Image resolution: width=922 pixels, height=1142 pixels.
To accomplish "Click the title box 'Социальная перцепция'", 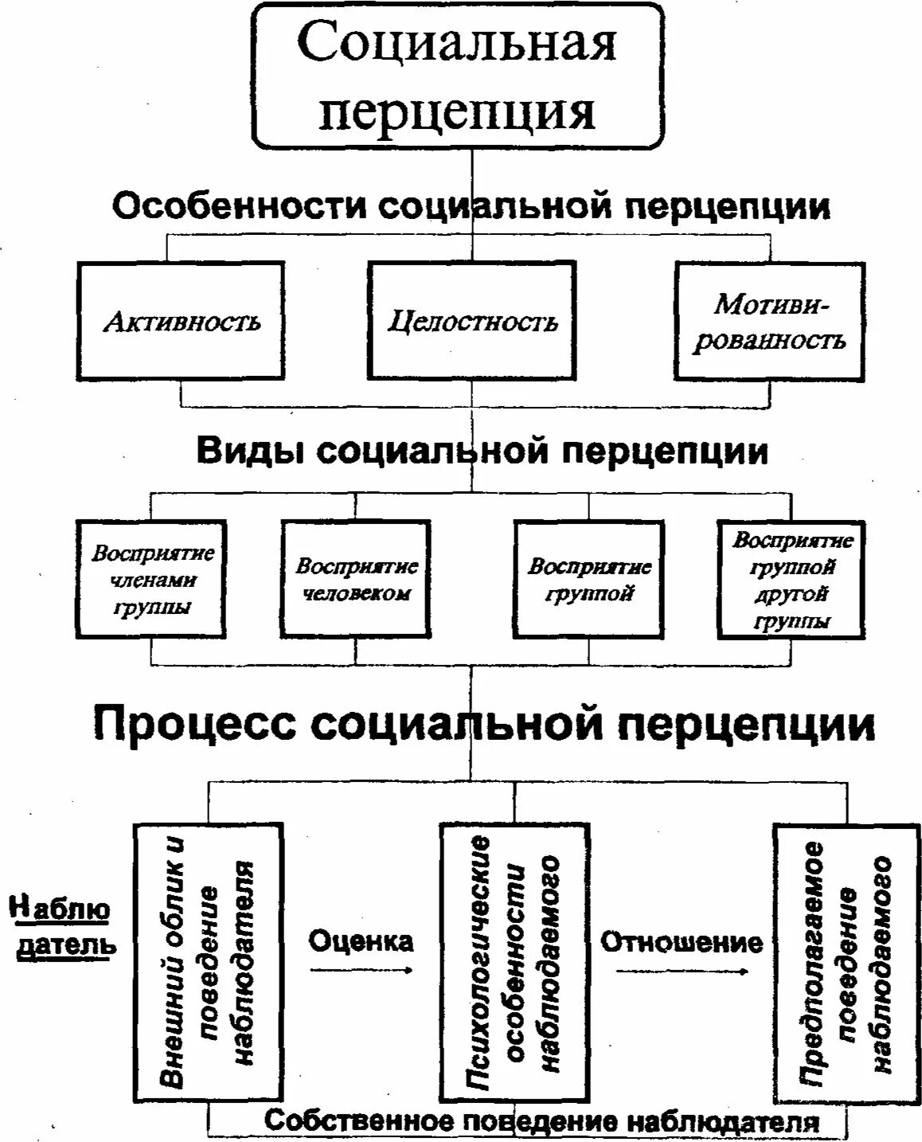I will (x=458, y=76).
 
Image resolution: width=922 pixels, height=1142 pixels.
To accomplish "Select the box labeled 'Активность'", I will (x=182, y=320).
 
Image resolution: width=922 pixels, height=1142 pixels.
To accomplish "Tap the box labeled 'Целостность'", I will (x=472, y=320).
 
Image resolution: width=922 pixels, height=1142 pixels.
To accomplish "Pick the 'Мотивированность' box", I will (x=769, y=320).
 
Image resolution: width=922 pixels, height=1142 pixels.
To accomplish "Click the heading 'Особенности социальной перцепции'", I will (x=471, y=207).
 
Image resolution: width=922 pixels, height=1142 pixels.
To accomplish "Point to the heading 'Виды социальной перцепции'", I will (x=482, y=451).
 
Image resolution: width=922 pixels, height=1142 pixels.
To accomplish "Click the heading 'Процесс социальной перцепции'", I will (x=484, y=723).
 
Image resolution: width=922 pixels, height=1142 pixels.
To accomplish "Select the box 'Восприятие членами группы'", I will (x=151, y=579).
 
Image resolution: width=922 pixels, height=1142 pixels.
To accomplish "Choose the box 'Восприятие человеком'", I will (x=356, y=579).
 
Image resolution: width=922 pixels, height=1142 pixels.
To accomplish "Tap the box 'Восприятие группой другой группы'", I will (x=791, y=579).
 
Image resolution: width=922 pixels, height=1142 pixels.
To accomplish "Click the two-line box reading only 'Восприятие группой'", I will (x=588, y=579).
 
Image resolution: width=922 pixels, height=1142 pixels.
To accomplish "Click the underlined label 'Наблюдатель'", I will (x=62, y=927).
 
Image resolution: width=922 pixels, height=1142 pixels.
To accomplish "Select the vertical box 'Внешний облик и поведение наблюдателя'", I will (x=208, y=961).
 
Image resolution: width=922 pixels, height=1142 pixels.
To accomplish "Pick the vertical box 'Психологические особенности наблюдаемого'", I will (x=514, y=961).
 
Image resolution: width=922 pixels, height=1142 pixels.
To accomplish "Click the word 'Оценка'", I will (x=361, y=941).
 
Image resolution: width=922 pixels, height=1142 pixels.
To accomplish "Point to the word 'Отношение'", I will (x=681, y=942).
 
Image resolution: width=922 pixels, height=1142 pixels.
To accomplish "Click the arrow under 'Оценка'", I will (x=361, y=970).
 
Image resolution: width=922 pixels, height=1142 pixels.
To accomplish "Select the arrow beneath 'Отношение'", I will (x=682, y=971).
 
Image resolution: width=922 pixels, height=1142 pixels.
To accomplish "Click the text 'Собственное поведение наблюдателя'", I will (x=541, y=1122).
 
